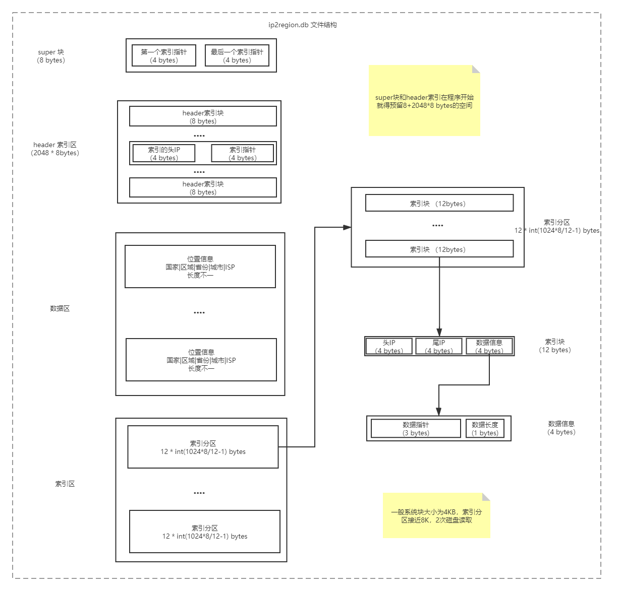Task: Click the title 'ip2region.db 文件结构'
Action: [303, 25]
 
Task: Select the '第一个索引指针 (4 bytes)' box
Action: [163, 56]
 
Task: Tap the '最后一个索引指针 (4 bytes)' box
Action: [237, 56]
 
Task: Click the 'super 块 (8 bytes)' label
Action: [51, 56]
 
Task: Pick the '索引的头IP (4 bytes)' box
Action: [163, 153]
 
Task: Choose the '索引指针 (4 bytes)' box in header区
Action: [242, 153]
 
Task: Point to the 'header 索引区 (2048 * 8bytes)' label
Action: [55, 149]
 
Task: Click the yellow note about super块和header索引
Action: [424, 101]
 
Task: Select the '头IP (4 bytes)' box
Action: [389, 347]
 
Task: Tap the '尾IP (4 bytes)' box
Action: [438, 347]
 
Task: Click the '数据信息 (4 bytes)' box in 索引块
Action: [489, 347]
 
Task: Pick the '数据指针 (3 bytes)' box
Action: [416, 429]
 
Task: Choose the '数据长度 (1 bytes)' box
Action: [485, 429]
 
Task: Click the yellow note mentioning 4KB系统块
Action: [436, 515]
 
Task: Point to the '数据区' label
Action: [60, 308]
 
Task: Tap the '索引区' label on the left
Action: [65, 484]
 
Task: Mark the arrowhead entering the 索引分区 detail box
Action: [347, 227]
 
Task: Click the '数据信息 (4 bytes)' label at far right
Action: [561, 428]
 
